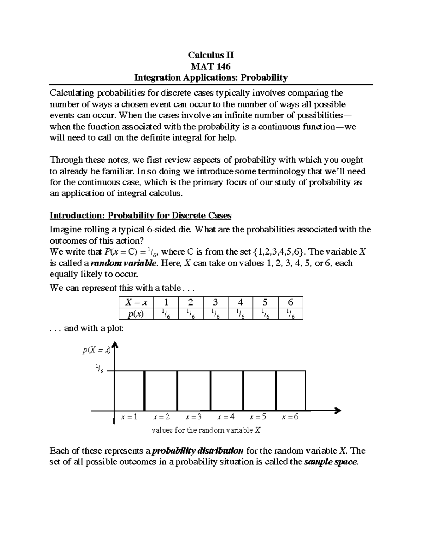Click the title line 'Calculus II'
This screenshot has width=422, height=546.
(211, 55)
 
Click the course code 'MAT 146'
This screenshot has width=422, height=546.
(211, 66)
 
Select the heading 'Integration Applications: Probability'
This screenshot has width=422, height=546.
(211, 77)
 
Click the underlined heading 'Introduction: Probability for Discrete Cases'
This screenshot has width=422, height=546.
(140, 215)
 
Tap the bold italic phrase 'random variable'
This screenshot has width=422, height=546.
(123, 263)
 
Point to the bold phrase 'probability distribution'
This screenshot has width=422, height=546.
(197, 451)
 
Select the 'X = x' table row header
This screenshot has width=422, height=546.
(134, 302)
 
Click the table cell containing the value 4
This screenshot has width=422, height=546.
(240, 302)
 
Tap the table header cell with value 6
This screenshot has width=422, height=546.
(290, 302)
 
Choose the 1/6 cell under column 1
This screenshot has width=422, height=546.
(166, 314)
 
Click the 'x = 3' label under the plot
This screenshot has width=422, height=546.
(194, 417)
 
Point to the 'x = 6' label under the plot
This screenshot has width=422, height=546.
(290, 417)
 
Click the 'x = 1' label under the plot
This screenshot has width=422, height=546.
(129, 417)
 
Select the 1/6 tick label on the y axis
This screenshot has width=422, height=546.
(99, 369)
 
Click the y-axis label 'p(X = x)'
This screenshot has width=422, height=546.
(96, 350)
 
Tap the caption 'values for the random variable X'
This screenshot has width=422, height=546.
(206, 430)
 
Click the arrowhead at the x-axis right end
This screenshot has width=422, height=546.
(338, 410)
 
